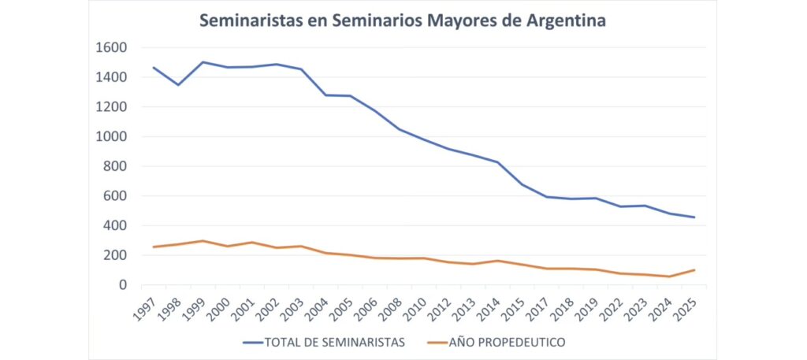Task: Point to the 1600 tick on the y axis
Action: pos(110,48)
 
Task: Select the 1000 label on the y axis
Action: pos(110,137)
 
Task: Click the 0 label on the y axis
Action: pos(123,285)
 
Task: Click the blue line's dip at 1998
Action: pos(177,84)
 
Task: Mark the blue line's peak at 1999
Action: pos(203,62)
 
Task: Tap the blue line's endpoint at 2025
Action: pos(694,217)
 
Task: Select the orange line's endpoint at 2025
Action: pos(694,270)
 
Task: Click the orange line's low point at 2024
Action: pos(670,276)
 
